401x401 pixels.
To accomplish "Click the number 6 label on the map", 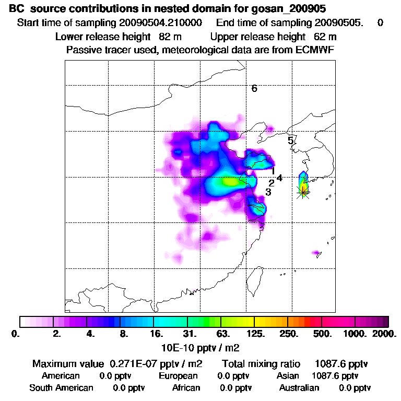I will click(254, 88).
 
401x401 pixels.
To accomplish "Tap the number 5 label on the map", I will click(290, 140).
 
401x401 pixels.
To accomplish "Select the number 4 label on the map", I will click(279, 178).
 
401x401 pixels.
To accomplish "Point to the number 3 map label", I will click(268, 192).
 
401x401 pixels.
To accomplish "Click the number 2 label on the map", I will click(271, 183).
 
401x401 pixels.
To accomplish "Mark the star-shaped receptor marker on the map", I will click(303, 192).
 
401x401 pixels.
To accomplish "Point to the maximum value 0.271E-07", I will click(135, 363).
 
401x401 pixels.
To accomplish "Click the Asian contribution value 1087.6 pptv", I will click(335, 375).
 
